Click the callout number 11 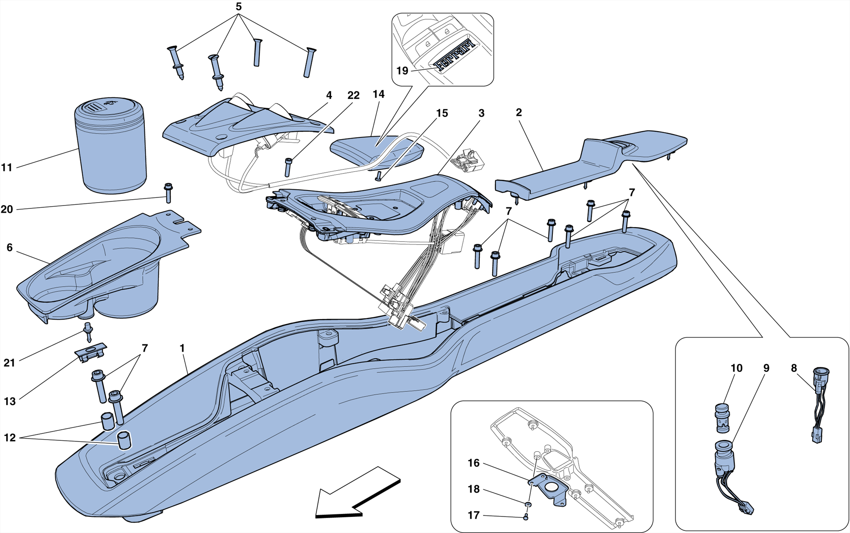pyautogui.click(x=7, y=168)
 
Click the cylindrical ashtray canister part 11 pyautogui.click(x=111, y=149)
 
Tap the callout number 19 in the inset pyautogui.click(x=402, y=71)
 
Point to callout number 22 pyautogui.click(x=353, y=95)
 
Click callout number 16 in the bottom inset pyautogui.click(x=474, y=463)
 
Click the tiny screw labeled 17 pyautogui.click(x=526, y=517)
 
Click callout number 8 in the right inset pyautogui.click(x=794, y=368)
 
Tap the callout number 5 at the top pyautogui.click(x=239, y=7)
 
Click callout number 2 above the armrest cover pyautogui.click(x=519, y=112)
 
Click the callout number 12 pyautogui.click(x=10, y=438)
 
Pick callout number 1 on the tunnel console pyautogui.click(x=182, y=348)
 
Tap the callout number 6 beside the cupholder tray pyautogui.click(x=10, y=248)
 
